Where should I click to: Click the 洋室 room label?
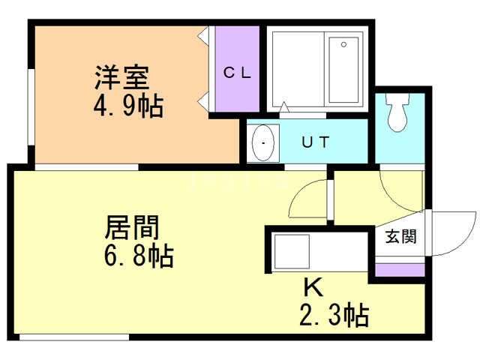(x=121, y=77)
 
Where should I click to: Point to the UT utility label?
(x=315, y=142)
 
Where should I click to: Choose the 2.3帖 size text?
(x=334, y=316)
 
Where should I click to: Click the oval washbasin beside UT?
(x=263, y=142)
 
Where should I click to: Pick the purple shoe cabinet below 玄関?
(x=398, y=269)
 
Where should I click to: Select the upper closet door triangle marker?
(x=202, y=36)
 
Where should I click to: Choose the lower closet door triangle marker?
(x=202, y=101)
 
